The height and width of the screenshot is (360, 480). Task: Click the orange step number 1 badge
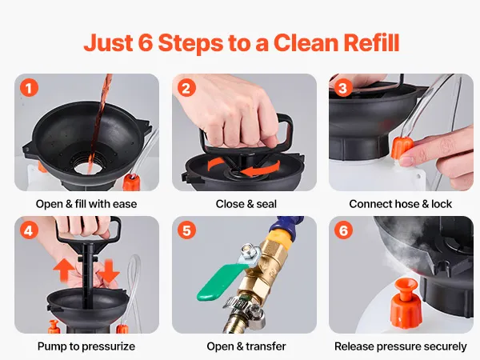pos(29,88)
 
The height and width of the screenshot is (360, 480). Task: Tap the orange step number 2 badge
pos(186,88)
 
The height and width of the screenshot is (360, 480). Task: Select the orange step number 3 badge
pos(343,88)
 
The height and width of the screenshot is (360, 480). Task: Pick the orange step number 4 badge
pos(29,230)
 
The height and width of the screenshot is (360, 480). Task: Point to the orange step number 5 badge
pos(186,230)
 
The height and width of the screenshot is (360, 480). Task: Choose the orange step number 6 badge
pos(343,230)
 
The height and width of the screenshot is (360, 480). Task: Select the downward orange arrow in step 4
pos(109,270)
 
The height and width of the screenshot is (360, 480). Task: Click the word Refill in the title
pos(371,42)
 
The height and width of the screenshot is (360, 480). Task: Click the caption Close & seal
pos(246,204)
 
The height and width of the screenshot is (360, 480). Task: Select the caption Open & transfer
pos(246,346)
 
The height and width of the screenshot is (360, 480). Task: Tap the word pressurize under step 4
pos(108,346)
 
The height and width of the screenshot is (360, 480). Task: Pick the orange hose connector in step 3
pos(402,147)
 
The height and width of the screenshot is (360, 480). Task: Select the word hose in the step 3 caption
pos(410,204)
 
